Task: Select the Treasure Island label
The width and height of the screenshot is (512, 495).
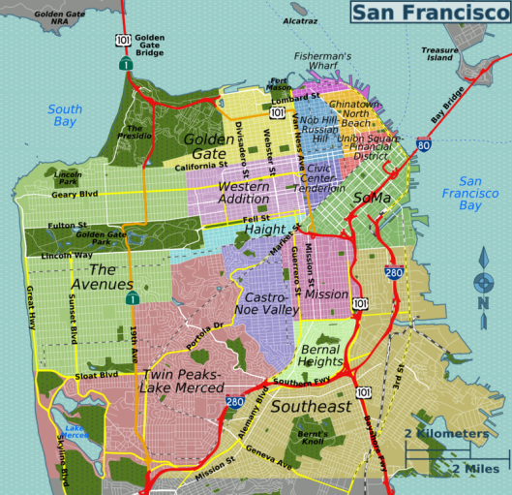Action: click(439, 53)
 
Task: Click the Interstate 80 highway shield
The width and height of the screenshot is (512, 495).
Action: click(424, 145)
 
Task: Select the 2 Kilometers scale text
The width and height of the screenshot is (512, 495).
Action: click(446, 433)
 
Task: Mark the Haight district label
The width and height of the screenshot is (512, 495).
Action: click(264, 230)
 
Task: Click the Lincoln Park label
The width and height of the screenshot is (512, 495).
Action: click(68, 177)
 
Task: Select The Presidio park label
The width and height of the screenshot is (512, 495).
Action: click(134, 134)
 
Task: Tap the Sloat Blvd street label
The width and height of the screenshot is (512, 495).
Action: click(96, 375)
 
